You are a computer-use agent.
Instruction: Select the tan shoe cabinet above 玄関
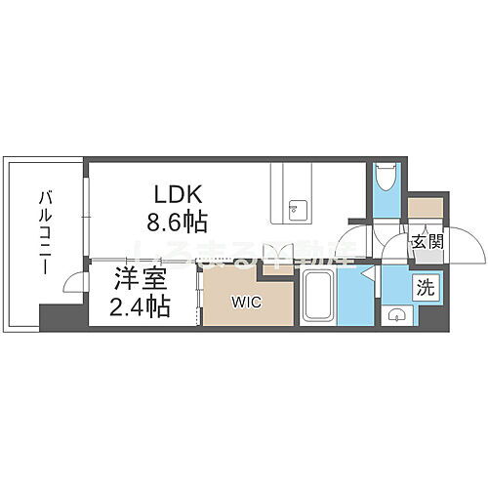tap(424, 208)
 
